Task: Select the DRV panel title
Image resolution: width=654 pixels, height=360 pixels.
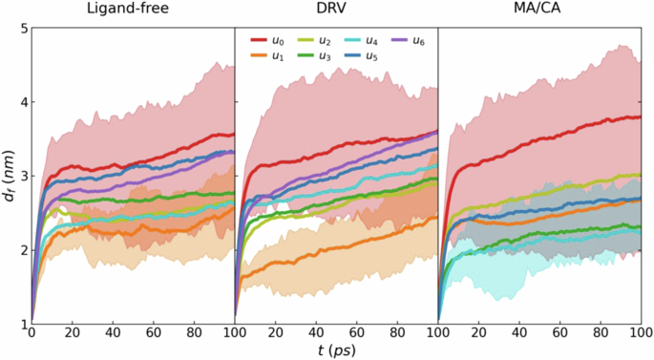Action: (336, 11)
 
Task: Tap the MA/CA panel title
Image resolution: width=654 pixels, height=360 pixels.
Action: (539, 11)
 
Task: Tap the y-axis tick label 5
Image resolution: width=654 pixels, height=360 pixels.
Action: (21, 29)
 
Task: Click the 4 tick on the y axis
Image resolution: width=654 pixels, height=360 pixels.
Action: (21, 102)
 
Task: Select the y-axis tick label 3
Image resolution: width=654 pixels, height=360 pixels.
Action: (21, 177)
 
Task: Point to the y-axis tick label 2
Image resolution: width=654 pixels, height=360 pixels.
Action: (21, 250)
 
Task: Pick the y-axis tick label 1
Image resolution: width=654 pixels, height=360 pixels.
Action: (21, 325)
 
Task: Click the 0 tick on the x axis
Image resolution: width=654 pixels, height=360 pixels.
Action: (32, 335)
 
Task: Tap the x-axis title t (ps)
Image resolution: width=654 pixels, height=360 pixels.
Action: (335, 350)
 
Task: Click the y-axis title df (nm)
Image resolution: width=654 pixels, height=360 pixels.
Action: (8, 176)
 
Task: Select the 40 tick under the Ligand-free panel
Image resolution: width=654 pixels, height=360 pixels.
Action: (113, 335)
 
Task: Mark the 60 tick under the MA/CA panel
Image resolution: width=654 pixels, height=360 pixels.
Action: (559, 335)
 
